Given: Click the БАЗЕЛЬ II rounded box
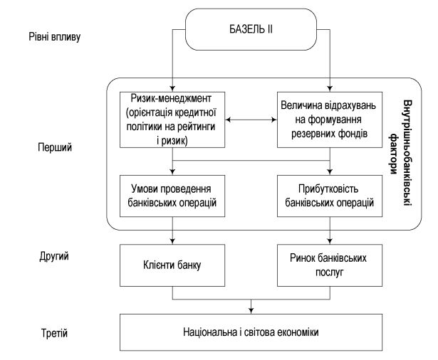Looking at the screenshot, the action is coord(251,29).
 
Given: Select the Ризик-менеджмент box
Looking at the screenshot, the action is coord(172,120).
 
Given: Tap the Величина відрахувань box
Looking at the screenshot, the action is coord(330,120).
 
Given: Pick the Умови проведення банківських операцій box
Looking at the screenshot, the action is coord(172,196).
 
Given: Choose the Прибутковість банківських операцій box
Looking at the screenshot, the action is coord(330,196).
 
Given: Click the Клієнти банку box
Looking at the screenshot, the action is coord(172,265).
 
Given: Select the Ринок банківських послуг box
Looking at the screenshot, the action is coord(330,265).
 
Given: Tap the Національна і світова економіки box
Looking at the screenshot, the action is coord(251,332).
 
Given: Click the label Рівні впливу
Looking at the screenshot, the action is coord(55,37).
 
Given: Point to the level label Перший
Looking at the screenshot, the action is coord(55,147).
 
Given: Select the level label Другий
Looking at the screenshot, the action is coord(54,256).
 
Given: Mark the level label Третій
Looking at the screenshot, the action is coord(54,333).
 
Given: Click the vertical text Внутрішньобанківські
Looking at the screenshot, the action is coord(407,154).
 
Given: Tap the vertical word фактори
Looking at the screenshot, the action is coord(394,154).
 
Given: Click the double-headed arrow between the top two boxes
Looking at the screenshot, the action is coord(251,120).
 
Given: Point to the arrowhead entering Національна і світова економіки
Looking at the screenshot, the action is coord(251,310).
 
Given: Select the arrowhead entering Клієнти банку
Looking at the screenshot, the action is coord(172,241).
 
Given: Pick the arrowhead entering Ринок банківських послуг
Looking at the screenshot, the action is coord(330,241).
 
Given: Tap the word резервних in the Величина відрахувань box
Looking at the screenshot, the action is coord(309,134).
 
